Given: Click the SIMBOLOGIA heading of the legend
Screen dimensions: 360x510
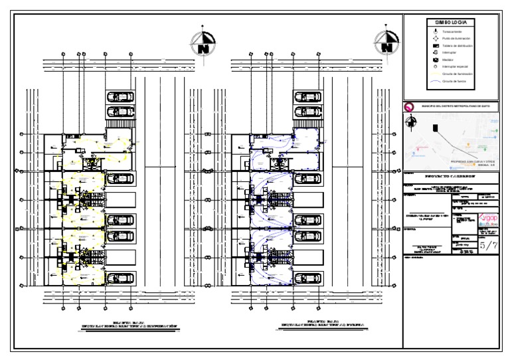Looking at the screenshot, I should [x=450, y=23].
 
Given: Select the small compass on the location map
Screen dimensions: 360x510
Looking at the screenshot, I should [x=412, y=122].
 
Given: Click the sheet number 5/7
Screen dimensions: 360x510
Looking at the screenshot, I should [x=487, y=246].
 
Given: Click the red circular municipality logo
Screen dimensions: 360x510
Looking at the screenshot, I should [x=409, y=106].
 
